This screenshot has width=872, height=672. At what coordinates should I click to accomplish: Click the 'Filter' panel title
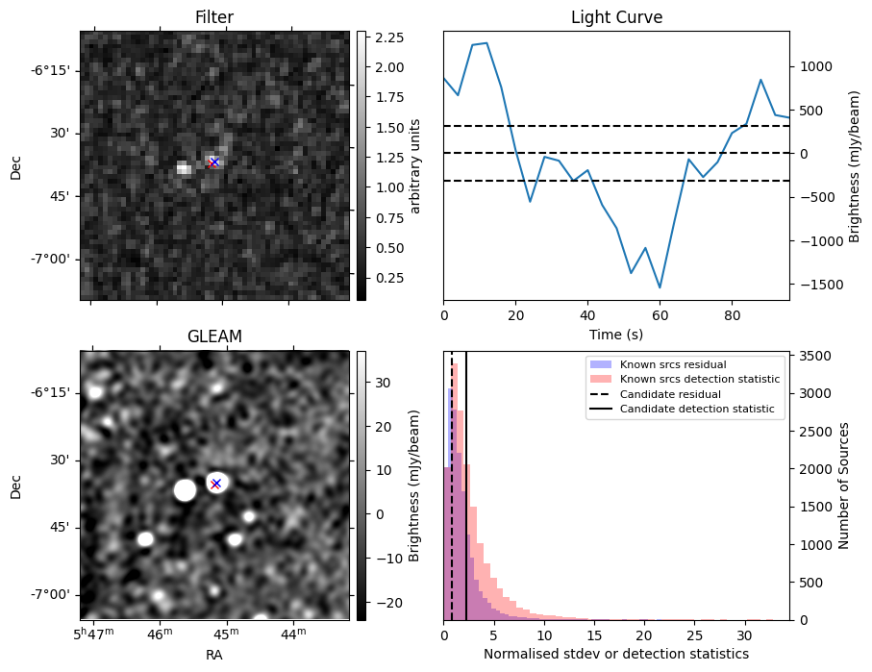[213, 17]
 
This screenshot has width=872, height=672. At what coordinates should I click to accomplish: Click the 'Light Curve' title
[616, 17]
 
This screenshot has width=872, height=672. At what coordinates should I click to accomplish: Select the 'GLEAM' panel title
[213, 336]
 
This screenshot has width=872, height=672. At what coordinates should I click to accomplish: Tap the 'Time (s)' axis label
[616, 335]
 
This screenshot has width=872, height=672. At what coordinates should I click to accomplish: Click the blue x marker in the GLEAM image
[216, 483]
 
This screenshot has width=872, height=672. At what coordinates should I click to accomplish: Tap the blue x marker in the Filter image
[214, 162]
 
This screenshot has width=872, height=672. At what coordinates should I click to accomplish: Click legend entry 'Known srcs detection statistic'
[700, 380]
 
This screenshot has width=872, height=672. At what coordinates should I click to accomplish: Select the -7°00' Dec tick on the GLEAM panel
[49, 595]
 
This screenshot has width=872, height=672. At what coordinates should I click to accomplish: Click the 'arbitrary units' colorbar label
[415, 165]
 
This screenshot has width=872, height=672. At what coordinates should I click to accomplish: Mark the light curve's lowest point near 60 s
[660, 287]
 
